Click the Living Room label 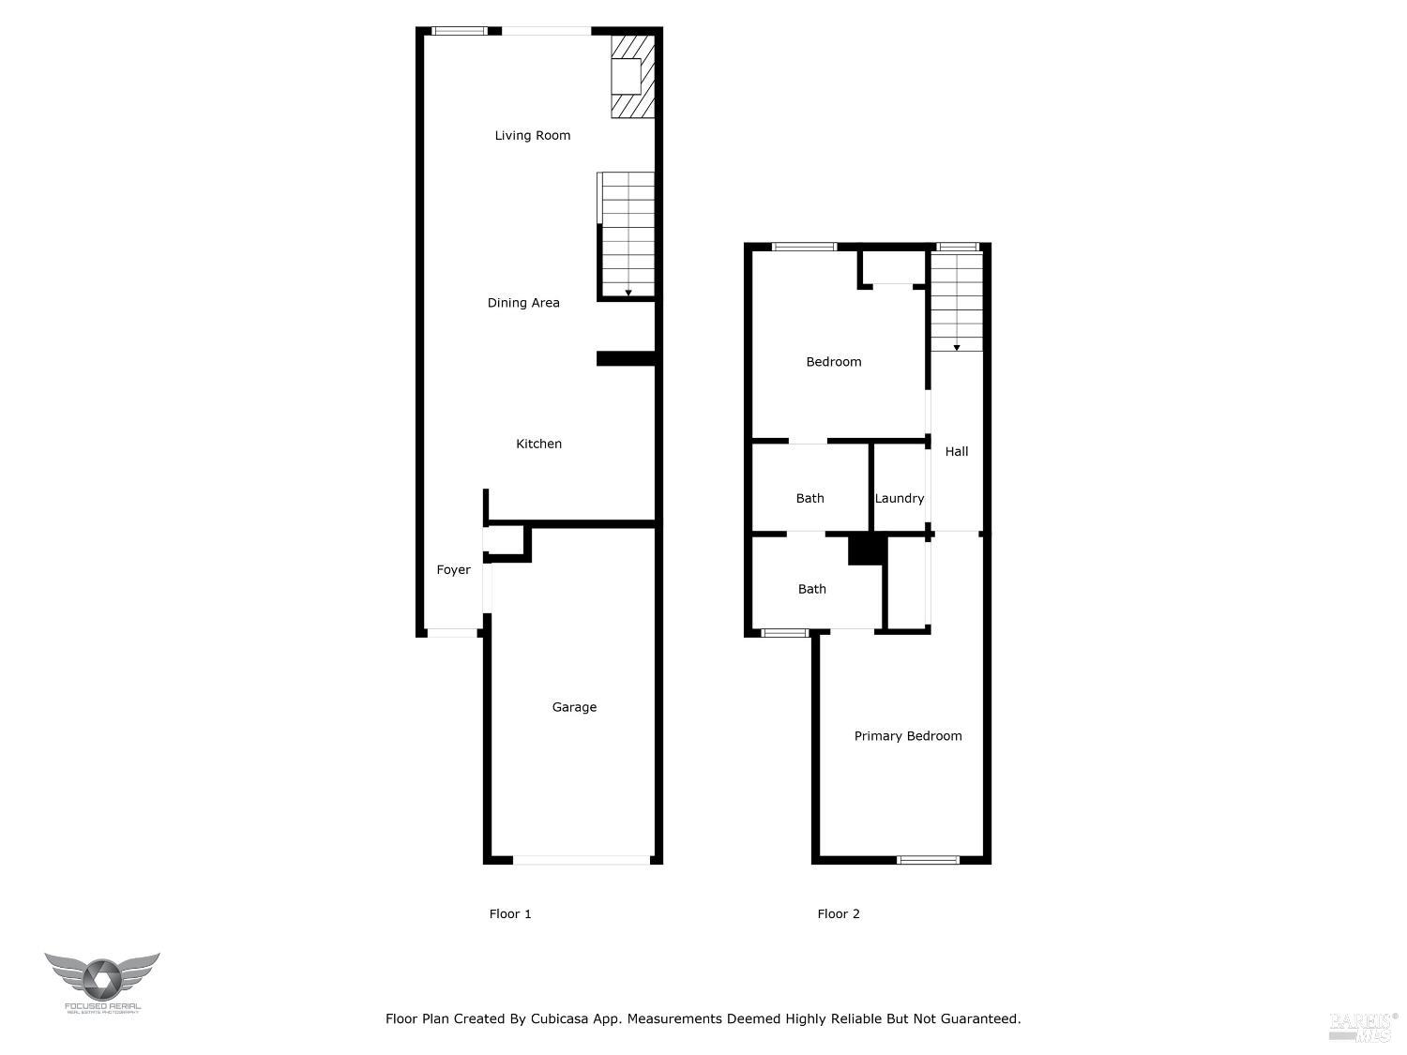532,136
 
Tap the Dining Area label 523,303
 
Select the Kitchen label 538,444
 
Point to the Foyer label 453,570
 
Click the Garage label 574,707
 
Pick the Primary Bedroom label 908,736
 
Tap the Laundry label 900,499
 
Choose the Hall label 957,452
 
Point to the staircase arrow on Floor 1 628,293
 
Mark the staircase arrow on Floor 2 957,348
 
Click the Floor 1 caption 510,914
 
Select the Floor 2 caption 839,914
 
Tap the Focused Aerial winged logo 102,980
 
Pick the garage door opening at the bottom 582,859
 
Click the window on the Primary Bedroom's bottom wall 929,859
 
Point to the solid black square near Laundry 867,550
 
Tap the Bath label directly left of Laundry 810,499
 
